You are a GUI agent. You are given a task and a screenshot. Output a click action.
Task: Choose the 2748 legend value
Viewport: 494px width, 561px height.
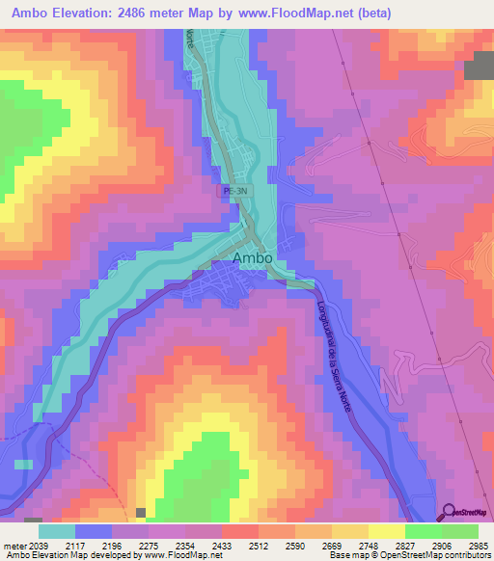pos(364,545)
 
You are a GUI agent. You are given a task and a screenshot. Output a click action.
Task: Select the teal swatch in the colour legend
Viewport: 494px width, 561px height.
pos(56,531)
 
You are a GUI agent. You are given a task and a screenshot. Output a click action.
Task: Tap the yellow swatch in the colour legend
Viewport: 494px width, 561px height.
pos(386,531)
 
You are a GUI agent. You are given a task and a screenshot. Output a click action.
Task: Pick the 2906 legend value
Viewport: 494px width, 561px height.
pos(439,545)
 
